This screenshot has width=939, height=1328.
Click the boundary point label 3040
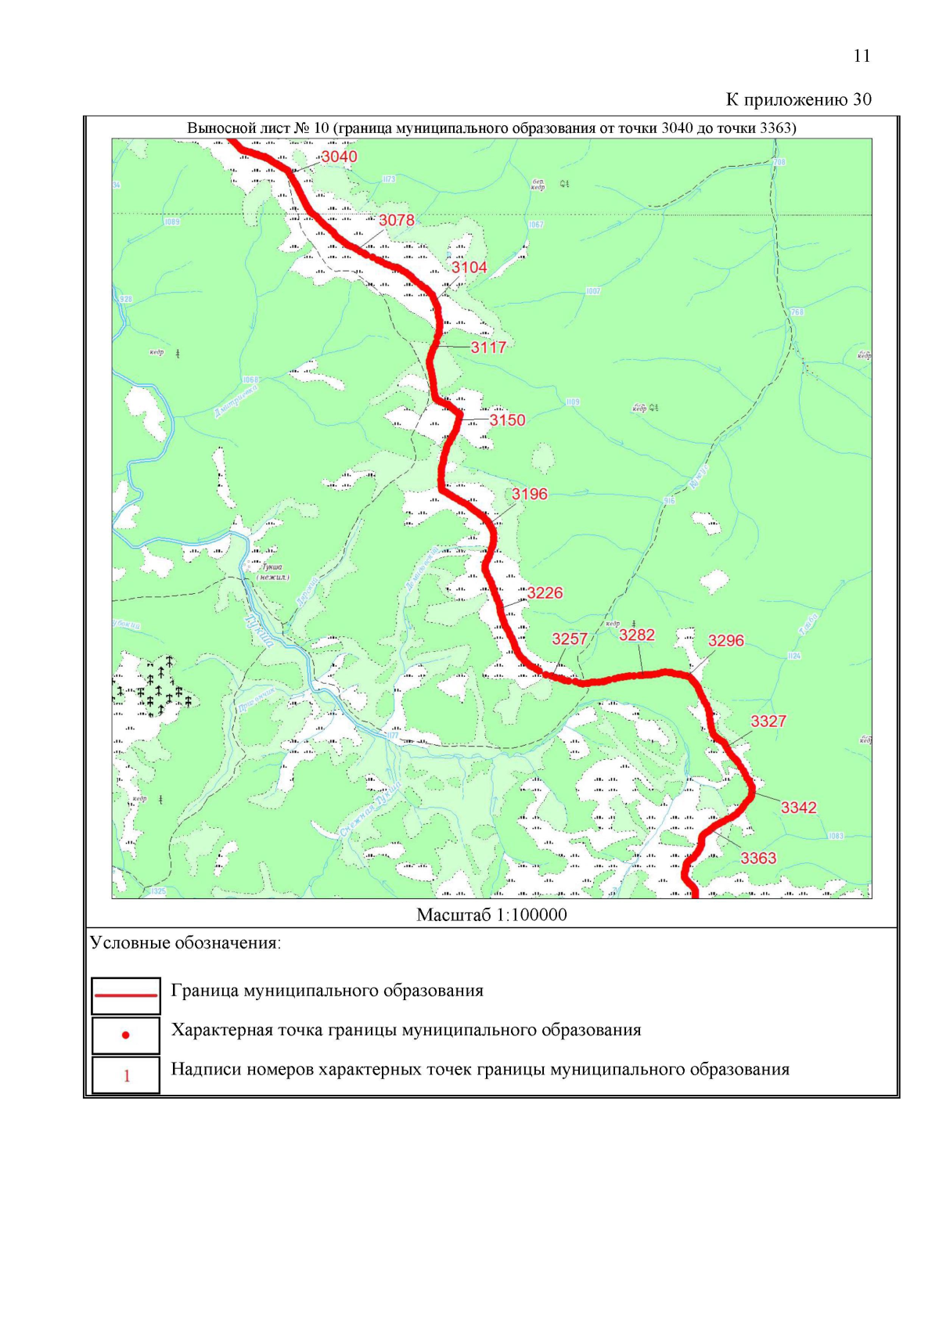pyautogui.click(x=339, y=157)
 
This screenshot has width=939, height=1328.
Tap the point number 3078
pyautogui.click(x=397, y=221)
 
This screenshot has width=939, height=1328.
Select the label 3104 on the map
pyautogui.click(x=469, y=268)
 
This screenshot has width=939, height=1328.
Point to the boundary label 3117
pyautogui.click(x=488, y=347)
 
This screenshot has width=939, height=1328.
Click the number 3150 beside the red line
pyautogui.click(x=507, y=420)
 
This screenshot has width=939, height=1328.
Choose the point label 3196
pyautogui.click(x=530, y=494)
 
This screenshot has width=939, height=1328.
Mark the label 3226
pyautogui.click(x=545, y=593)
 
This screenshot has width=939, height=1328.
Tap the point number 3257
pyautogui.click(x=570, y=639)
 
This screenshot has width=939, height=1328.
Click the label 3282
pyautogui.click(x=637, y=635)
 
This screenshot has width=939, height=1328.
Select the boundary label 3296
pyautogui.click(x=726, y=641)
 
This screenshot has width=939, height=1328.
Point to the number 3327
pyautogui.click(x=768, y=722)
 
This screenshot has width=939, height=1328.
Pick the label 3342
pyautogui.click(x=799, y=808)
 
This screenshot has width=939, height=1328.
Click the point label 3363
pyautogui.click(x=758, y=858)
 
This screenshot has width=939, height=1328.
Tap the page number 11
pyautogui.click(x=862, y=56)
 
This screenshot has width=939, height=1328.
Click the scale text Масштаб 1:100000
pyautogui.click(x=491, y=915)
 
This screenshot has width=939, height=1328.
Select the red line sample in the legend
pyautogui.click(x=126, y=995)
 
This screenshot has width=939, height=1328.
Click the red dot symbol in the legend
pyautogui.click(x=126, y=1035)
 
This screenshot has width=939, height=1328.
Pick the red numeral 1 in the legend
pyautogui.click(x=127, y=1076)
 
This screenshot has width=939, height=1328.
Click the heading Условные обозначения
pyautogui.click(x=185, y=943)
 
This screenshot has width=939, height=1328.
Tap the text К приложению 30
pyautogui.click(x=798, y=99)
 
